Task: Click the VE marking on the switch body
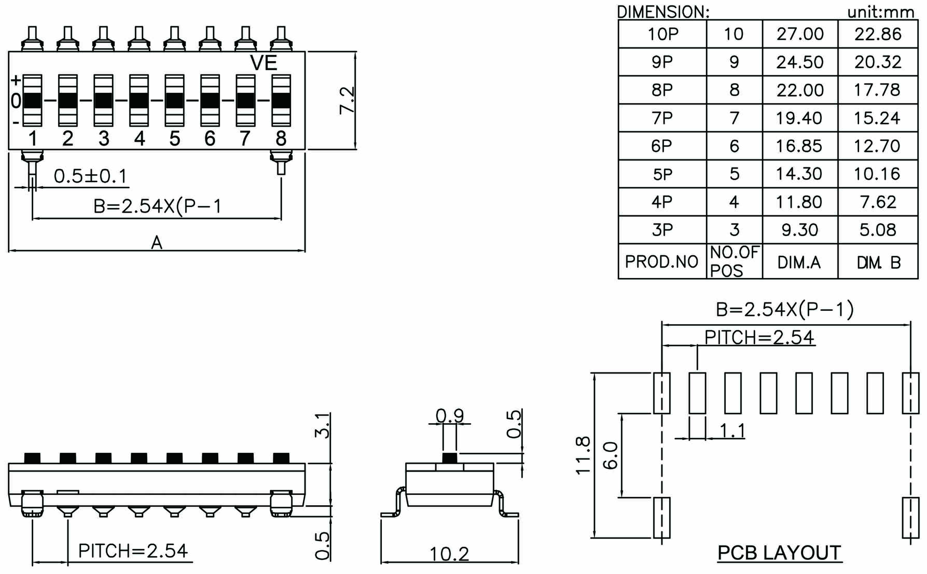point(264,63)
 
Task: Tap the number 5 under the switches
point(175,139)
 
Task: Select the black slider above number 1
point(32,100)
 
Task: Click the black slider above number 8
point(281,100)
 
